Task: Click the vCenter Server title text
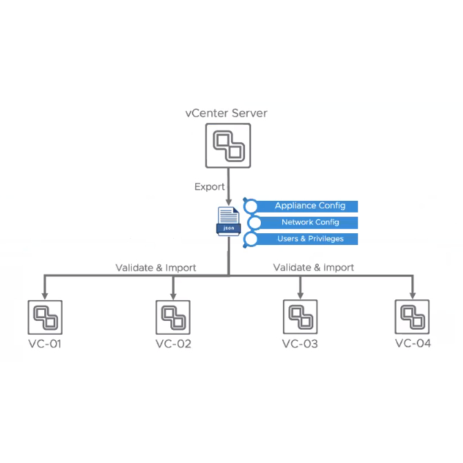[x=226, y=113]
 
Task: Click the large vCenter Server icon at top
[x=227, y=146]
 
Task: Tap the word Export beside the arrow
[x=209, y=187]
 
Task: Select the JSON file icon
[x=228, y=221]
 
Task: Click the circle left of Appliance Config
[x=251, y=206]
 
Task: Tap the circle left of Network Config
[x=254, y=222]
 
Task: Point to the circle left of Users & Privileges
[x=251, y=239]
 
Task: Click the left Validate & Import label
[x=155, y=267]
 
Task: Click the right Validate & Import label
[x=313, y=267]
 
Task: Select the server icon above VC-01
[x=45, y=317]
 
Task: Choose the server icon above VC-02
[x=173, y=317]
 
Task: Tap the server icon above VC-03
[x=300, y=317]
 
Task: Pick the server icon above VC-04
[x=413, y=317]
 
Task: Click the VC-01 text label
[x=45, y=344]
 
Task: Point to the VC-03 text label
[x=300, y=344]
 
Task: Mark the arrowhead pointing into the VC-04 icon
[x=413, y=295]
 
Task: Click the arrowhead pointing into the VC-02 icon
[x=173, y=295]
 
